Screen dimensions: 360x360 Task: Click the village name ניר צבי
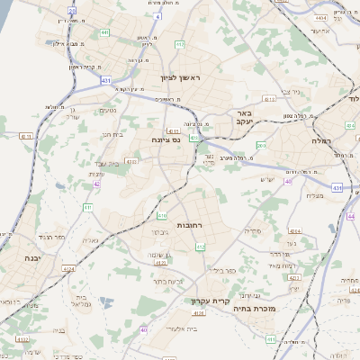[x=290, y=91]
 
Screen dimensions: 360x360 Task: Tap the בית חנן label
[x=112, y=134]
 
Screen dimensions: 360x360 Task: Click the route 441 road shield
[x=105, y=32]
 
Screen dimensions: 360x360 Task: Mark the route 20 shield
[x=72, y=10]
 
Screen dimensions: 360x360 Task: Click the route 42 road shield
[x=96, y=184]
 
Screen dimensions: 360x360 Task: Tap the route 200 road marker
[x=261, y=145]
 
